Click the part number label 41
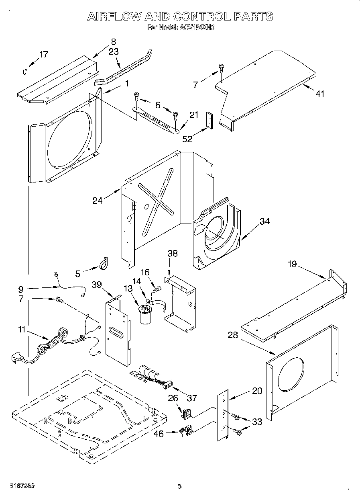pos(319,94)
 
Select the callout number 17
pos(43,55)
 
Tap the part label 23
pos(114,51)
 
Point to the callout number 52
pos(187,139)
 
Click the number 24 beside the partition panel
pos(98,200)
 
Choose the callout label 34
pos(264,221)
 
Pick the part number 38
pos(173,254)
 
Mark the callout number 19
pos(292,264)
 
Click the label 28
pos(233,335)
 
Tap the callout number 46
pos(159,434)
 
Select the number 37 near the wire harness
pos(192,398)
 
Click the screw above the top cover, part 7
pos(221,68)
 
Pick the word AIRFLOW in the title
pos(114,16)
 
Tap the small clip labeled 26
pos(186,413)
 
